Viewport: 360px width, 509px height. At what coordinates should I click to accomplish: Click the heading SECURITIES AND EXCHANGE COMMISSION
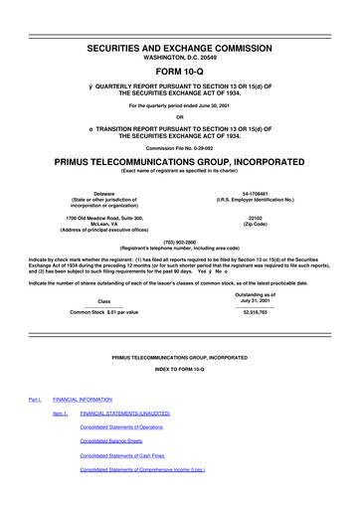(x=180, y=18)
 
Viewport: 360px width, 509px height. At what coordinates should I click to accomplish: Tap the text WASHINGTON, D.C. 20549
(x=180, y=33)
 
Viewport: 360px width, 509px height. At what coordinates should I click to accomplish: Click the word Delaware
(x=103, y=196)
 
